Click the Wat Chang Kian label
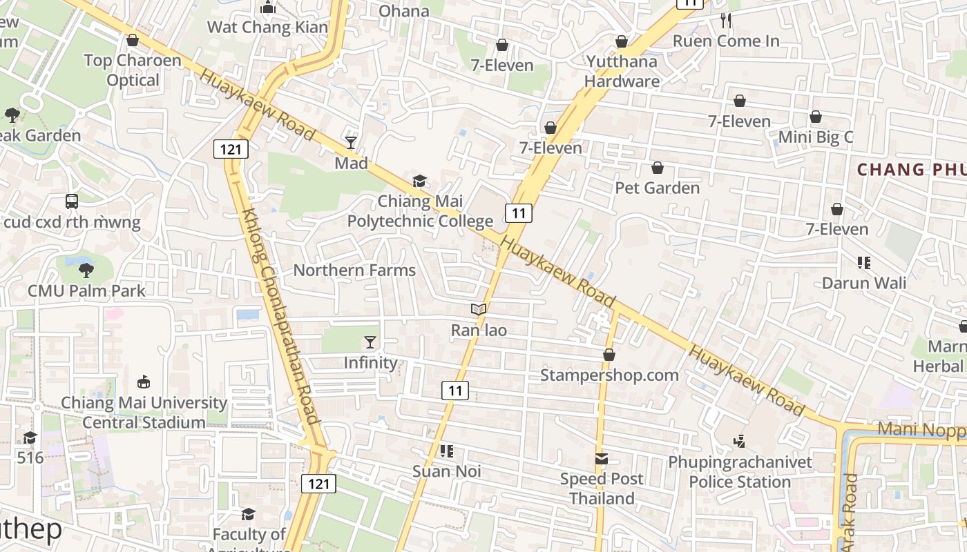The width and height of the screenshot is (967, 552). (x=267, y=27)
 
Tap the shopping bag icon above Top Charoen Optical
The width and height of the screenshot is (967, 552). (x=133, y=40)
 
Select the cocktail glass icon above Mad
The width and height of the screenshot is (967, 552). (x=351, y=143)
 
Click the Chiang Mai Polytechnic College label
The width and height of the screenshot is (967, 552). (x=420, y=211)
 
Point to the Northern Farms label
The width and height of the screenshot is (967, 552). (x=354, y=270)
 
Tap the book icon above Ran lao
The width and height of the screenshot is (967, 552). (x=479, y=309)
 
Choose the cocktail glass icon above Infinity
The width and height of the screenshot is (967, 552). (x=370, y=342)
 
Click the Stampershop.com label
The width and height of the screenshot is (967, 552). (x=609, y=375)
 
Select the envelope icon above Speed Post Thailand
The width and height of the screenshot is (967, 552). (x=602, y=459)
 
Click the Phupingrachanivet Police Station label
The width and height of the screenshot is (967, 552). (x=740, y=472)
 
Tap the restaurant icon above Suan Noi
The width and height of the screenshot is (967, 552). (x=446, y=451)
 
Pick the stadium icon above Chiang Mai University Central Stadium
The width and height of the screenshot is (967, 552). (x=144, y=382)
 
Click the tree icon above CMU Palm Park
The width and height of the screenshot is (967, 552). (x=86, y=270)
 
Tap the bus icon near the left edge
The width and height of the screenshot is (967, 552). (x=72, y=201)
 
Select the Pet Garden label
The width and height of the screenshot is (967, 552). (x=657, y=188)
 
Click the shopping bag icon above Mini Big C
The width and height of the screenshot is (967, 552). (x=816, y=117)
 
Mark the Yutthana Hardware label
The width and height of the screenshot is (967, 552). (x=622, y=71)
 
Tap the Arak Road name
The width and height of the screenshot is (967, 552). (x=850, y=511)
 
